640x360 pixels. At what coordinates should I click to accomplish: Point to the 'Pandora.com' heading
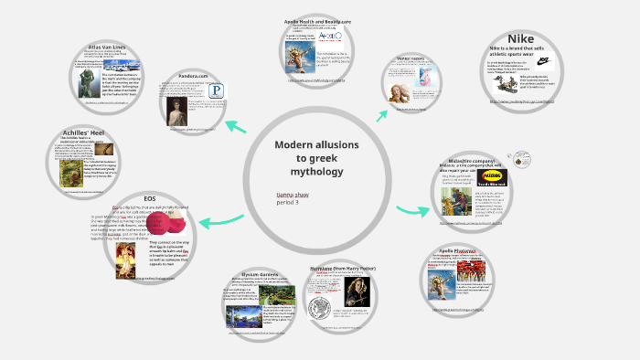pos(191,76)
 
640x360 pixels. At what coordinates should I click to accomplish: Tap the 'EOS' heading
pos(150,199)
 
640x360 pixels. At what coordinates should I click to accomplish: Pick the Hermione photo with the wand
pos(353,294)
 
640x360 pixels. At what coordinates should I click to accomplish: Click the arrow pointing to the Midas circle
pos(412,211)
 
